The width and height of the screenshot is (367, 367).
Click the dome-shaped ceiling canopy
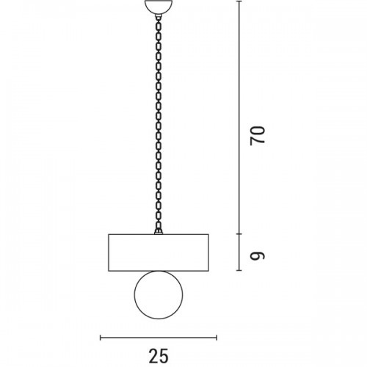pos(159,7)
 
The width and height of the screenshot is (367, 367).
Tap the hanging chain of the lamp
pos(159,123)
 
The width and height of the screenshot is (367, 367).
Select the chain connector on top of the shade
pos(159,231)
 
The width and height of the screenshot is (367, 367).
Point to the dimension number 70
pos(258,136)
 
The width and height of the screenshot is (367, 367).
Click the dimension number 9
pos(258,255)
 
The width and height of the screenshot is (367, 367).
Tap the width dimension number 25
pos(159,356)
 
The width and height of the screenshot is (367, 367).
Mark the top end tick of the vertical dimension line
pos(239,1)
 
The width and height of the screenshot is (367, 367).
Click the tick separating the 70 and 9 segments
pos(239,234)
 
